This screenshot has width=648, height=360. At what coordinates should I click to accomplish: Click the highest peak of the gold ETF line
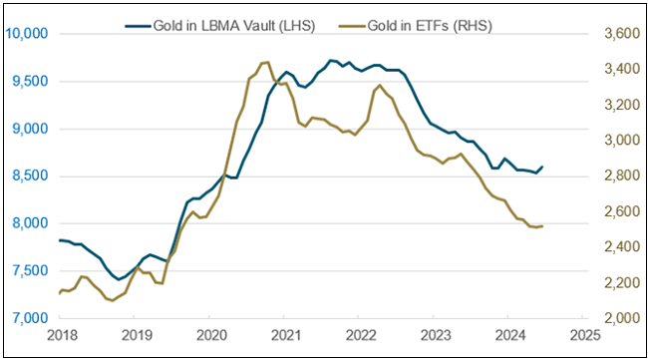click(264, 62)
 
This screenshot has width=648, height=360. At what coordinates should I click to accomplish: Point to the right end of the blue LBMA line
click(542, 167)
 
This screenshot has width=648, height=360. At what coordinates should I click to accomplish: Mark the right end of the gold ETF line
click(542, 226)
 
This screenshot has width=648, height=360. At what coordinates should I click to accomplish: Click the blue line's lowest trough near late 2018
click(118, 279)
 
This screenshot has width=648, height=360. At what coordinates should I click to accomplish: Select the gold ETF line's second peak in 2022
click(380, 86)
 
